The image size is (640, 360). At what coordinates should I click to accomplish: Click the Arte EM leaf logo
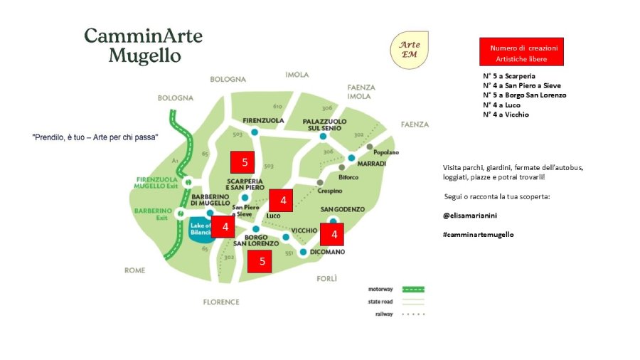coord(409,50)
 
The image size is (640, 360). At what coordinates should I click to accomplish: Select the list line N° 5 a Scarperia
coord(509,75)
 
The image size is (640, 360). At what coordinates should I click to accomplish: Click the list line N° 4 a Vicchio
coord(506,114)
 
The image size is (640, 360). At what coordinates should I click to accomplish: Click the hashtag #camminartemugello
coord(477,234)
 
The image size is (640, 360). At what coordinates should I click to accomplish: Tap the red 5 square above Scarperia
coord(245,162)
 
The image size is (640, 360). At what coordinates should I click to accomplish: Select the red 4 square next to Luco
coord(283,201)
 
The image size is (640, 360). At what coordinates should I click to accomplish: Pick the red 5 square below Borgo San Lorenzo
coord(262,261)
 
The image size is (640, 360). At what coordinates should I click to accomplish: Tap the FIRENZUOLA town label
coord(263,120)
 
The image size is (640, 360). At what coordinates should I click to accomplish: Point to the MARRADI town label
coord(372,164)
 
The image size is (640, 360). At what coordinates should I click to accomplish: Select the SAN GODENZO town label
coord(343,209)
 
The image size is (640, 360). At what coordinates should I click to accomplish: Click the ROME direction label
coord(134,270)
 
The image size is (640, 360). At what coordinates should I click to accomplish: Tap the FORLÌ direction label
coord(326,278)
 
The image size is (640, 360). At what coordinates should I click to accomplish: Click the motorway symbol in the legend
coord(413,290)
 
